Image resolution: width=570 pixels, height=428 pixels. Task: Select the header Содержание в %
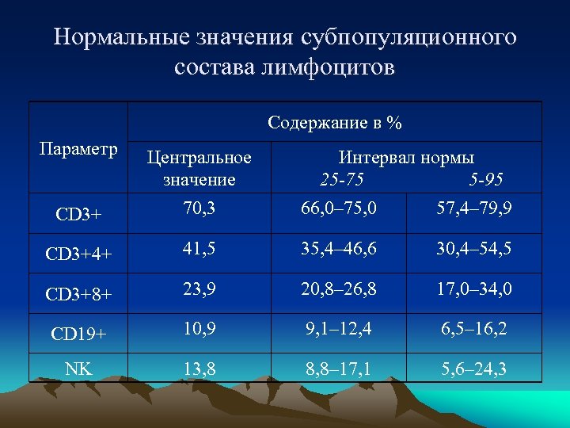(335, 123)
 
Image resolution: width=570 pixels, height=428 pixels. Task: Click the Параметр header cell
(78, 149)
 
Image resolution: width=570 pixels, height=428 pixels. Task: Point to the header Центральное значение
(199, 168)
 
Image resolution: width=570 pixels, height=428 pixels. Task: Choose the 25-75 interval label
(343, 179)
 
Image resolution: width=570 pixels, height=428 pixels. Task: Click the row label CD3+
(78, 214)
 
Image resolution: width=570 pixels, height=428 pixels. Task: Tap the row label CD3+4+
(78, 254)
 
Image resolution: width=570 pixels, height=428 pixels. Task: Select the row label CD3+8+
(78, 293)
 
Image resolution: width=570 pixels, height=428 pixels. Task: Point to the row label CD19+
(78, 333)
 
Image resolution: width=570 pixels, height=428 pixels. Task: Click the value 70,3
(199, 210)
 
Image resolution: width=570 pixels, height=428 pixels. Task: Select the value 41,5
(199, 250)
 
